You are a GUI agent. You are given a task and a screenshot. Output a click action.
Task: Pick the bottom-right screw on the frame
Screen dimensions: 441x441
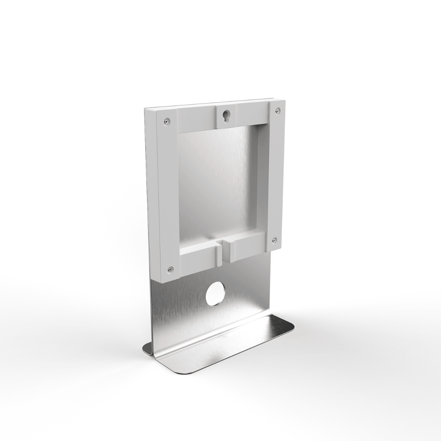tap(274, 240)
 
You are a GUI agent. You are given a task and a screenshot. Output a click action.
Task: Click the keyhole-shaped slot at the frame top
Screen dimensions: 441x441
tap(225, 116)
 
